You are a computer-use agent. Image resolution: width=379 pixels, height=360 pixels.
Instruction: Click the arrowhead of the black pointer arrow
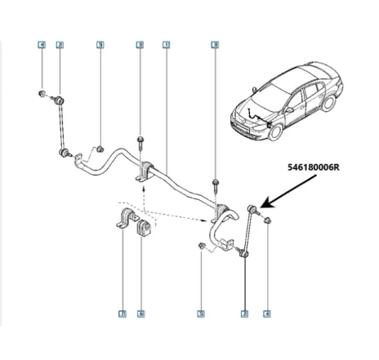(264, 207)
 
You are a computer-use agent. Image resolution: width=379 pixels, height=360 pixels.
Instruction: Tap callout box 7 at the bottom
(122, 313)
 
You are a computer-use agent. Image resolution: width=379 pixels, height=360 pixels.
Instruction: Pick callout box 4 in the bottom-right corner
(267, 313)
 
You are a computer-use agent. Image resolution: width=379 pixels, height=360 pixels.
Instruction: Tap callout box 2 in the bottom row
(243, 313)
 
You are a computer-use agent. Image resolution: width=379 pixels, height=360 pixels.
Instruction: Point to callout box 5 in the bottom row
(202, 313)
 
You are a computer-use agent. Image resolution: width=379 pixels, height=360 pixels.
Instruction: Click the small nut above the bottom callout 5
(202, 246)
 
